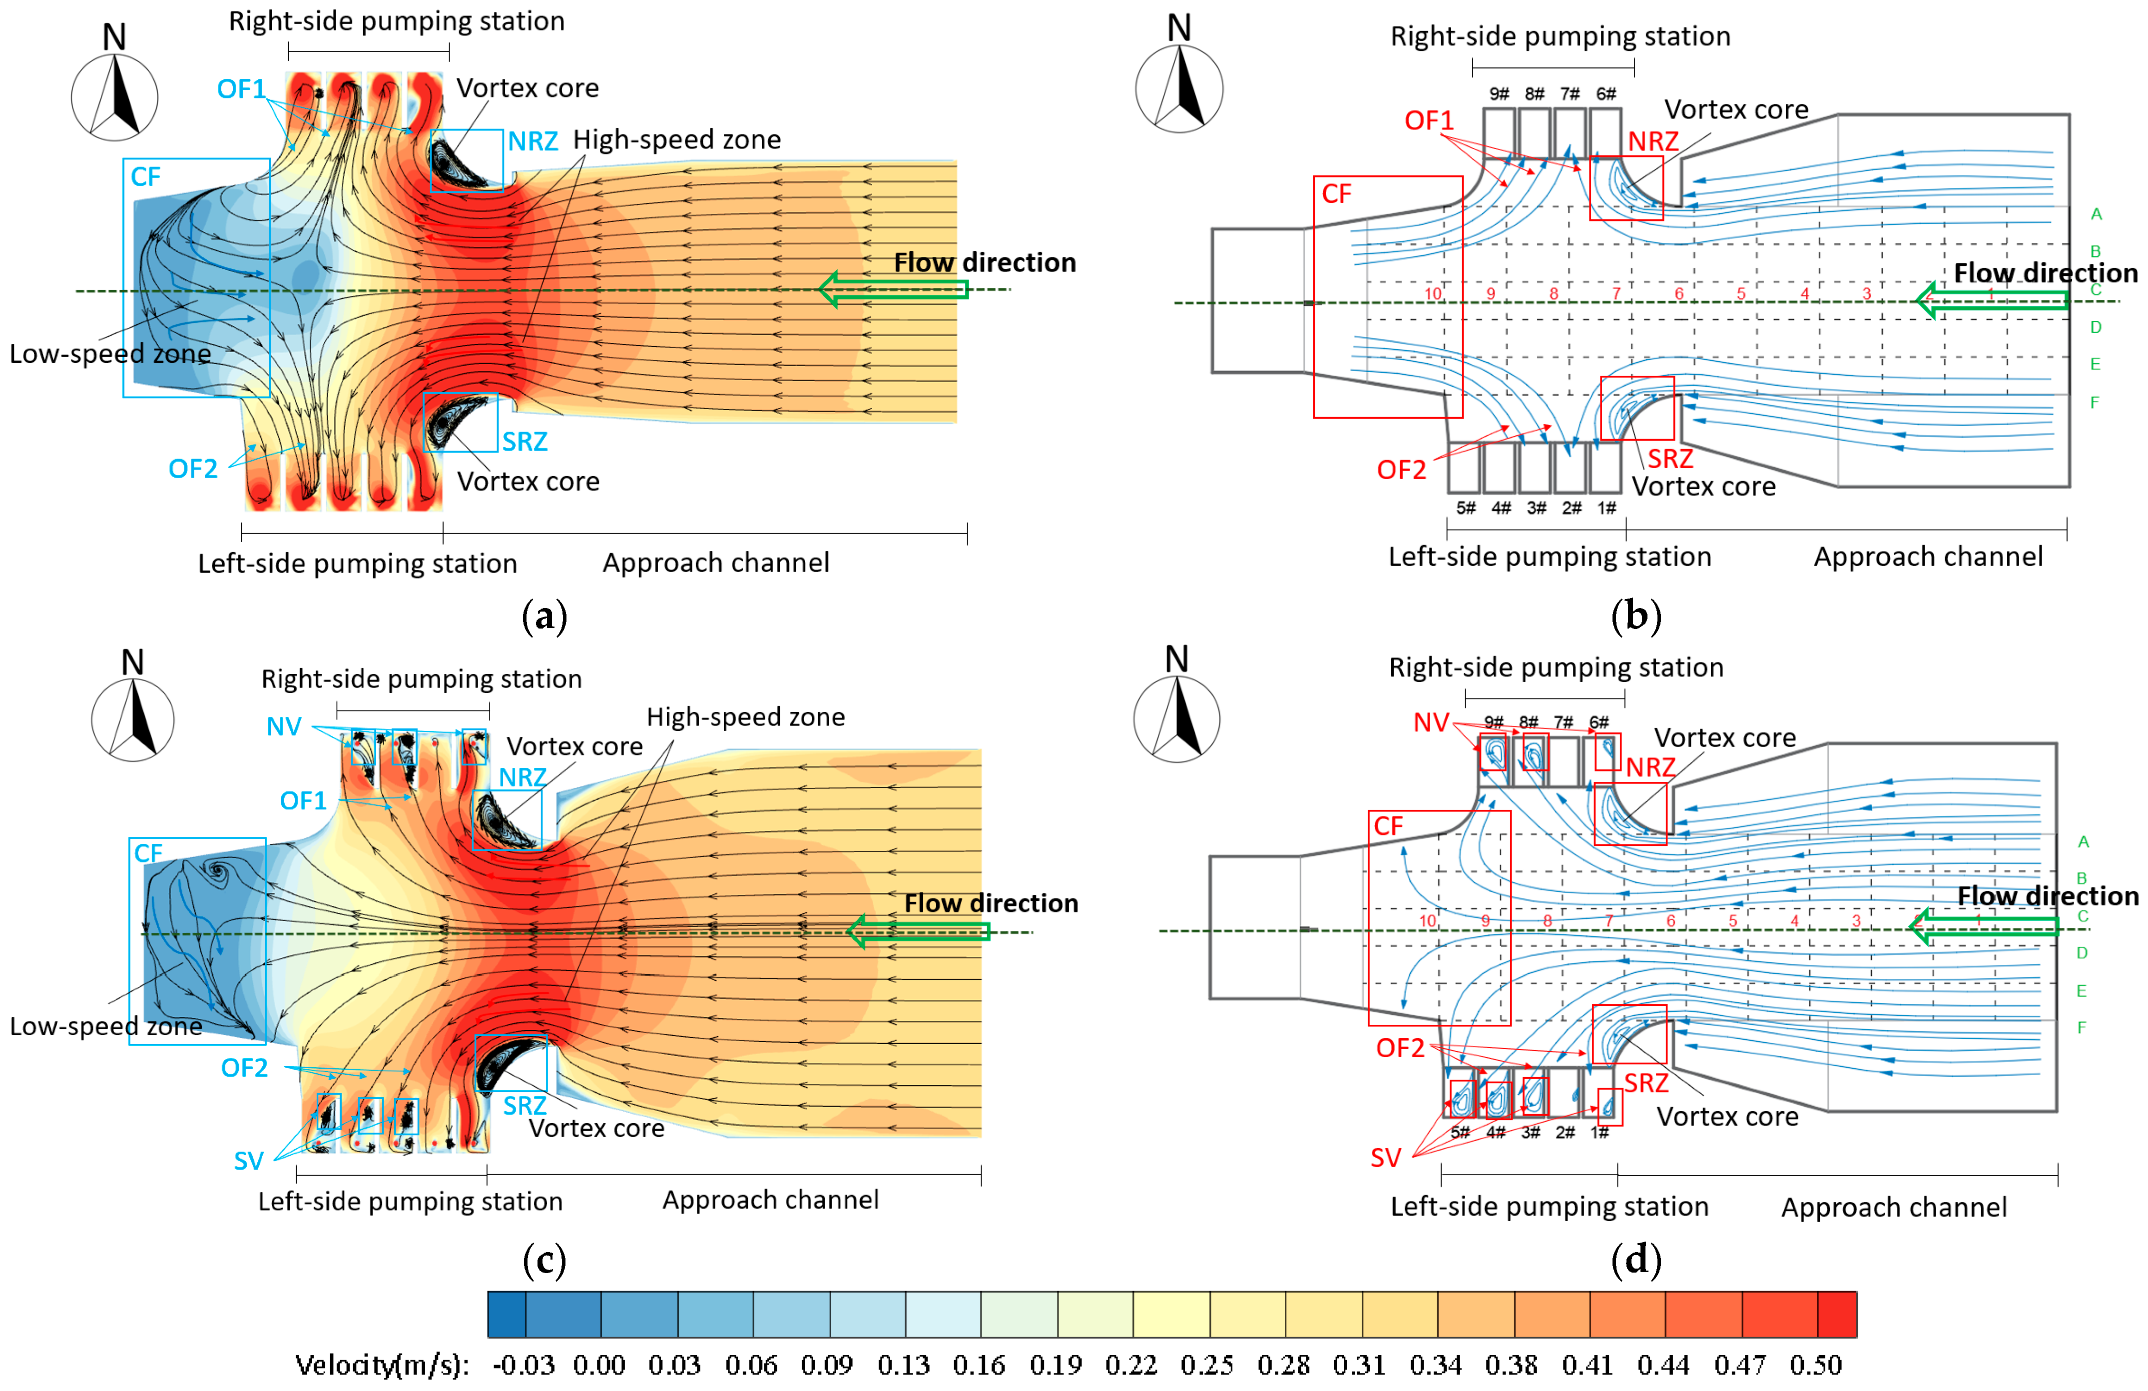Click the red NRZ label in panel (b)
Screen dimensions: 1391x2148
pos(1652,142)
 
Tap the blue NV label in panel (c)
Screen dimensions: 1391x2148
pos(283,726)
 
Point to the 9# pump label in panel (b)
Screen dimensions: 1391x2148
pos(1499,94)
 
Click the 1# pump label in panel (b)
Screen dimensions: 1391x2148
pos(1607,508)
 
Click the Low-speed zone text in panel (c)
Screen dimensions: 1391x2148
pos(105,1026)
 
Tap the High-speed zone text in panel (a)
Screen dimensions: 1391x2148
pos(677,140)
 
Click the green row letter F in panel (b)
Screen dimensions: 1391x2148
pos(2095,403)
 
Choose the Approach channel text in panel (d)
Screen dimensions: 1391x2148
pos(1894,1207)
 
